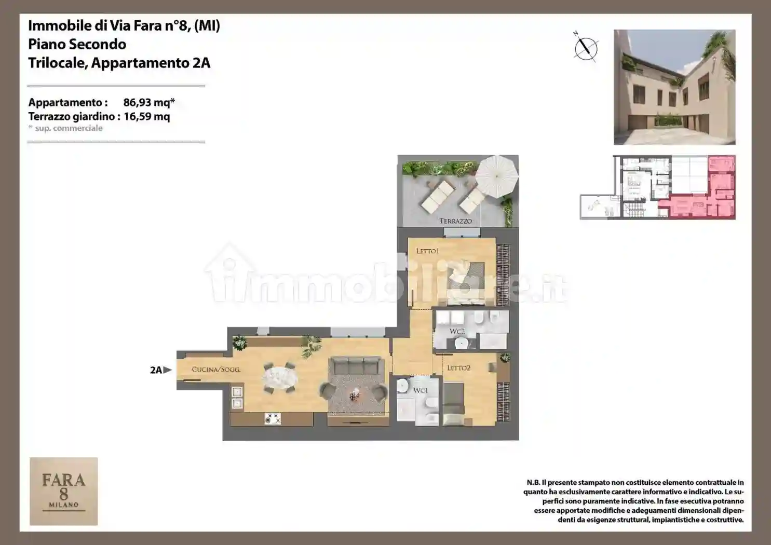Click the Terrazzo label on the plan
pos(455,221)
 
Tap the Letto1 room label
pos(427,251)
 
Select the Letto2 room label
pos(458,368)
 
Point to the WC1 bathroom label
pos(420,390)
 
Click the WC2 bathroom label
pos(457,331)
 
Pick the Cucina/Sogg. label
pos(216,370)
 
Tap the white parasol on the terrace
pos(496,176)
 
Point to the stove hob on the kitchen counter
pos(273,418)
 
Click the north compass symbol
pos(586,48)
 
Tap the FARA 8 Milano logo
pos(64,491)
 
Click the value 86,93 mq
pos(148,102)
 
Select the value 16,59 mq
pos(146,116)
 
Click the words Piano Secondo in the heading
pos(77,44)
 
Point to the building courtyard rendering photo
pos(674,87)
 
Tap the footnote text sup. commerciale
pos(69,128)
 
